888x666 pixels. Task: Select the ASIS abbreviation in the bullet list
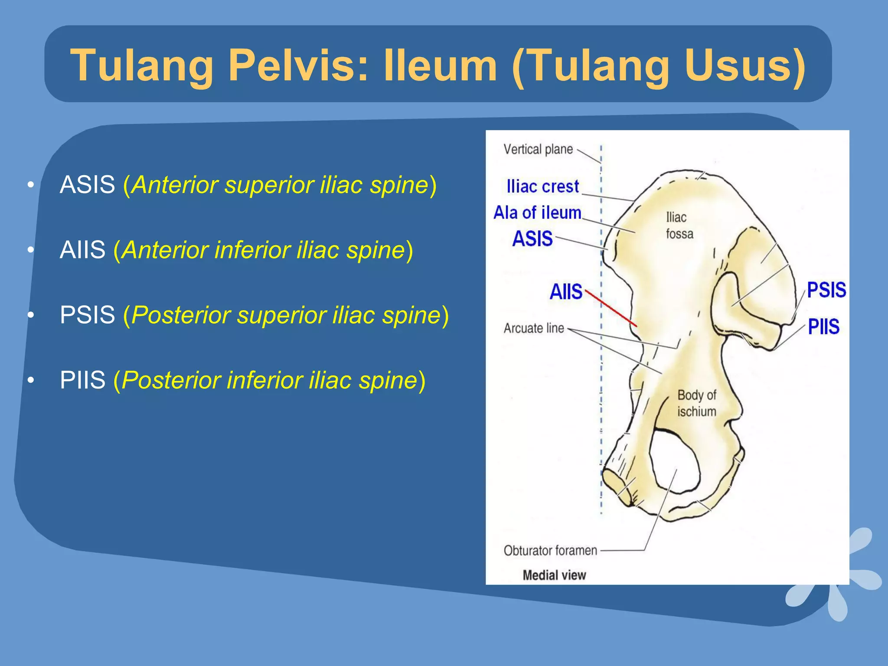(x=87, y=185)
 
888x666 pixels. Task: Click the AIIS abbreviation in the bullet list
(x=82, y=250)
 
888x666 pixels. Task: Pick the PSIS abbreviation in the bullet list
(x=87, y=315)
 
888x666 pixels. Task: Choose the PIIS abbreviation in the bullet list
(x=82, y=380)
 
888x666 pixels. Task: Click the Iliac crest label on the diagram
(x=542, y=186)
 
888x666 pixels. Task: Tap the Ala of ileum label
(x=537, y=213)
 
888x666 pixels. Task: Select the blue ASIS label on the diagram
(x=532, y=239)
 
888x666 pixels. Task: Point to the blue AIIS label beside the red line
(x=566, y=291)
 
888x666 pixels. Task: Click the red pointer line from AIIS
(x=611, y=308)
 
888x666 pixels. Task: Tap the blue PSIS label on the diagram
(x=826, y=290)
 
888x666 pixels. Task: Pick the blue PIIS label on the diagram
(x=823, y=326)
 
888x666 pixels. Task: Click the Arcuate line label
(x=534, y=328)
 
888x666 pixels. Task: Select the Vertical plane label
(x=538, y=150)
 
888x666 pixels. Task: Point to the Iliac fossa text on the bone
(x=679, y=225)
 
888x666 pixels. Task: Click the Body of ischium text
(x=696, y=403)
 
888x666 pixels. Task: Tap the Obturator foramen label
(x=550, y=551)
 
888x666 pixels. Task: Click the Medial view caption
(x=554, y=575)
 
